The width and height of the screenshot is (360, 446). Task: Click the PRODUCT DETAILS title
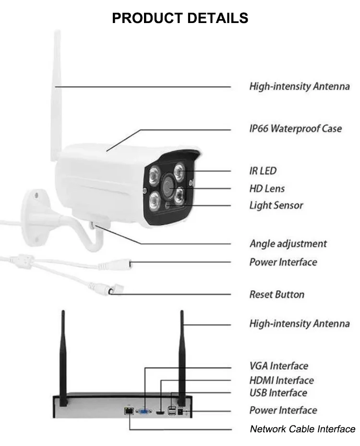coord(180,18)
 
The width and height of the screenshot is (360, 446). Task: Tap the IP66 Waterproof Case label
coord(295,129)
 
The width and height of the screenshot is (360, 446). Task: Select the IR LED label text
coord(263,171)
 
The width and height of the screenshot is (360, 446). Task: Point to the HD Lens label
coord(267,188)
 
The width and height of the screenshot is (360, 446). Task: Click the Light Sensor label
coord(276,205)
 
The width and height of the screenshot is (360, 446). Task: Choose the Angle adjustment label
coord(288,244)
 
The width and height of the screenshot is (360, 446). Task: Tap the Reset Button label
coord(276,294)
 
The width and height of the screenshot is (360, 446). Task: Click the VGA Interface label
coord(278,366)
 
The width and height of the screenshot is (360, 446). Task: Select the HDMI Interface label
coord(281,380)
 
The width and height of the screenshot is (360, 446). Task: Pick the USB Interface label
coord(278,393)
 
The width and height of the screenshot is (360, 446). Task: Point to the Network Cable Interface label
coord(302,429)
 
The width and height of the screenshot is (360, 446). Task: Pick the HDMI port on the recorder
coord(160,412)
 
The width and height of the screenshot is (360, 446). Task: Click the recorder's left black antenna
coord(63,358)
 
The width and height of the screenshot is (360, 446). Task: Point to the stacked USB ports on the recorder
coord(172,411)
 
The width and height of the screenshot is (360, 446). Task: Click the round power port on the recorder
coord(180,411)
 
